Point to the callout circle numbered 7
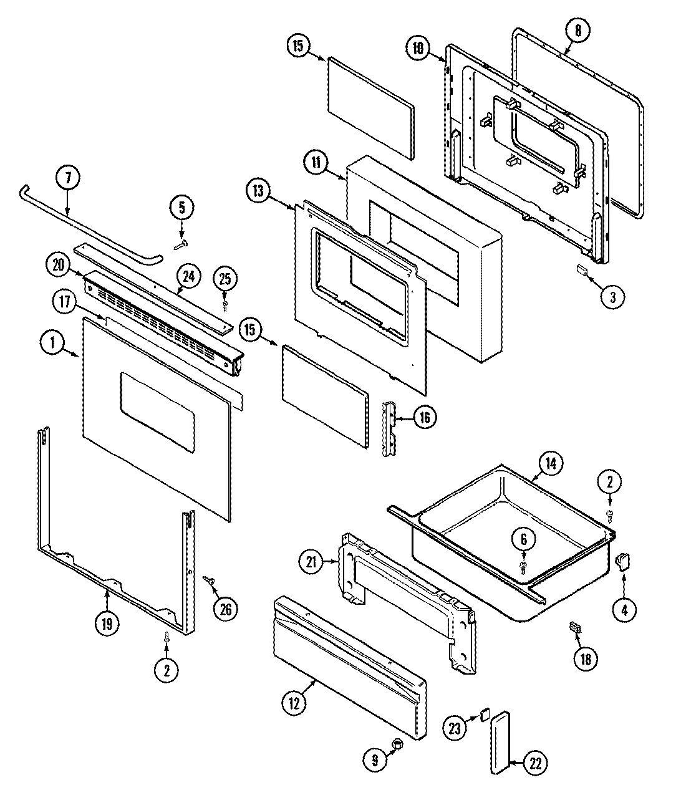click(x=68, y=178)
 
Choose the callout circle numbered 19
click(x=107, y=624)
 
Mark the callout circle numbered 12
click(x=294, y=703)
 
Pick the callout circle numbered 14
click(x=551, y=464)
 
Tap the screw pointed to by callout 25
click(x=225, y=305)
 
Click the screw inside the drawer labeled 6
click(x=523, y=565)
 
